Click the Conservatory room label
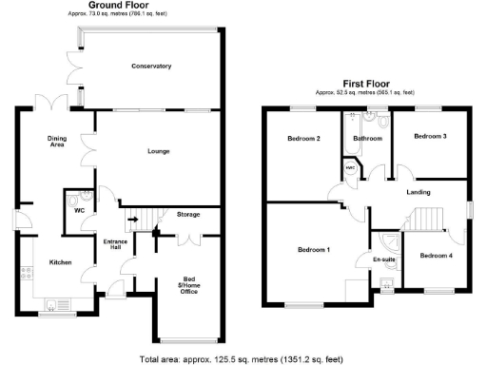[151, 66]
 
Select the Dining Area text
[57, 143]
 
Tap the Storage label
[188, 216]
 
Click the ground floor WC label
[81, 211]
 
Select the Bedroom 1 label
[314, 249]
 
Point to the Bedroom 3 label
[430, 137]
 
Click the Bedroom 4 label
[437, 255]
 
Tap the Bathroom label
[367, 139]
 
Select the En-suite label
[382, 259]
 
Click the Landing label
[419, 193]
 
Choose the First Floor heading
[367, 84]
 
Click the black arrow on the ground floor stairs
[133, 221]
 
